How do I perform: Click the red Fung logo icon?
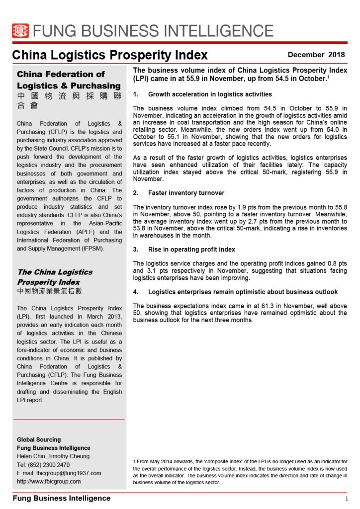pos(20,31)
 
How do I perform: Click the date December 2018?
pos(316,55)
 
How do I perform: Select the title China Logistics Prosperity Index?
pos(110,55)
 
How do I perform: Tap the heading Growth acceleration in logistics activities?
pos(210,94)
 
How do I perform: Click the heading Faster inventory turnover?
pos(186,193)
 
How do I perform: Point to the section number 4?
pos(136,292)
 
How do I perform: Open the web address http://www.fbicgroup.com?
pos(49,481)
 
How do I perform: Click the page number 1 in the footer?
pos(347,499)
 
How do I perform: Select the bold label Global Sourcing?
pos(39,439)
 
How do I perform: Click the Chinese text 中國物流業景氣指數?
pos(49,291)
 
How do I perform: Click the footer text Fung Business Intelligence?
pos(61,498)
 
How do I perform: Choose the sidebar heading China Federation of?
pos(61,74)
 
